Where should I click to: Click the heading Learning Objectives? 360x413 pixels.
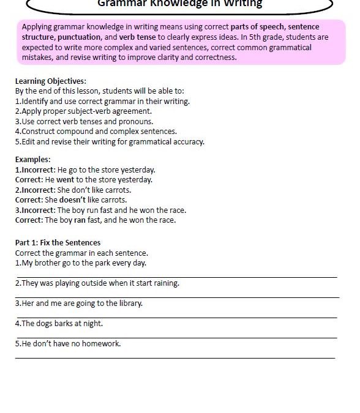pos(50,81)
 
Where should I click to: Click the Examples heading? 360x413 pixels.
pos(32,160)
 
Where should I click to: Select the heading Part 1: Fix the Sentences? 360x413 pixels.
pos(58,242)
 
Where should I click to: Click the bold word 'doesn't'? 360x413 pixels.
pos(73,200)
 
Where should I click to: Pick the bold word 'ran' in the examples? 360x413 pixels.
pos(80,220)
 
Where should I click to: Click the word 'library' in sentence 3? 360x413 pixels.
pos(129,303)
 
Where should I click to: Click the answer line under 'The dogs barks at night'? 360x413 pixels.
pos(176,337)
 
